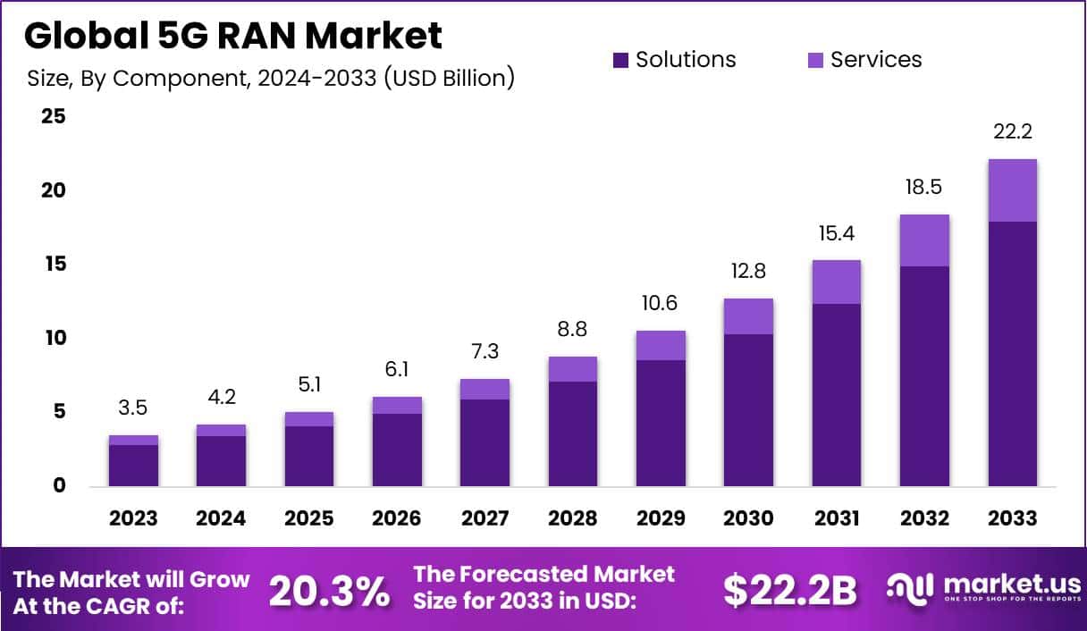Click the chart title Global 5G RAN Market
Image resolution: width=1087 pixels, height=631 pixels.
pos(233,36)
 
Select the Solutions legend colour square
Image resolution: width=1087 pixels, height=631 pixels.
pos(621,60)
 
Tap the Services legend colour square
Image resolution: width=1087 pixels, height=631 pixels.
pos(815,60)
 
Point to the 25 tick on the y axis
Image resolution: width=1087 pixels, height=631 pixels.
pos(54,117)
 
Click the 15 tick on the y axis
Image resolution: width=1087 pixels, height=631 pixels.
pos(54,265)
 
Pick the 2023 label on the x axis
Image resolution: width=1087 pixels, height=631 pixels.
pos(133,518)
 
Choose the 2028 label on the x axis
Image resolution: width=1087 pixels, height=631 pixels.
pos(573,518)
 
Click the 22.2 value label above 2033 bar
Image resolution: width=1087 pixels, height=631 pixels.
pos(1012,131)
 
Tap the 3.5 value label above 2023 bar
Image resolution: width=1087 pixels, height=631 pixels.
pos(133,408)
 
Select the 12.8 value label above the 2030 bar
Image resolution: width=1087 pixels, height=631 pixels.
pos(748,271)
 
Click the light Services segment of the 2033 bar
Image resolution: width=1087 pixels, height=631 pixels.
pos(1012,190)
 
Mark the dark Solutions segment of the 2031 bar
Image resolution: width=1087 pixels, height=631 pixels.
pos(836,394)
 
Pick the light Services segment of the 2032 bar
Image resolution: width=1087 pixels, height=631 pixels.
pos(924,240)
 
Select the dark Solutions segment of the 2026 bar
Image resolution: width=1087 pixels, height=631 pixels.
pos(397,450)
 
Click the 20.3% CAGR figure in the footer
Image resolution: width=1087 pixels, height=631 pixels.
pos(330,590)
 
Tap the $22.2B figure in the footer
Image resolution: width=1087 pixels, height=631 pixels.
pos(789,590)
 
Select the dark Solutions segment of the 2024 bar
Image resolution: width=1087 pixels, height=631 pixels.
pos(221,461)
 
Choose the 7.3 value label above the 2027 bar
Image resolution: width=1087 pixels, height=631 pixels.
pos(485,351)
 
